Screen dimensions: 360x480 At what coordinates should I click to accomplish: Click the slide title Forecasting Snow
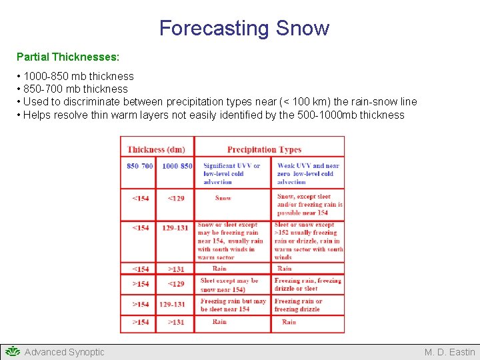[244, 28]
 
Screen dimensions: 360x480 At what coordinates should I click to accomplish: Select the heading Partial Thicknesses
[67, 57]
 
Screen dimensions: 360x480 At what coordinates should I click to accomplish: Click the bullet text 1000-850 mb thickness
[78, 76]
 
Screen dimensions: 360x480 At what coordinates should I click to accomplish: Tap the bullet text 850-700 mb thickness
[75, 89]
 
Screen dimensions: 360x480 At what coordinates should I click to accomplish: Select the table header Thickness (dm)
[156, 149]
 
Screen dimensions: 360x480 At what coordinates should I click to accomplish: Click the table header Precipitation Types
[264, 149]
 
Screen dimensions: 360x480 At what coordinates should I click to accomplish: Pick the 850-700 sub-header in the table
[139, 165]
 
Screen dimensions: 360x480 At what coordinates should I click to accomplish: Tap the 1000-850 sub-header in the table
[177, 165]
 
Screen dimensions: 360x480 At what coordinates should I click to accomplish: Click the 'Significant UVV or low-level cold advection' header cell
[231, 173]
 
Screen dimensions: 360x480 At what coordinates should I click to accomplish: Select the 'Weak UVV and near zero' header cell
[308, 173]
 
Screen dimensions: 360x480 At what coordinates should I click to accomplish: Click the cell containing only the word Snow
[223, 198]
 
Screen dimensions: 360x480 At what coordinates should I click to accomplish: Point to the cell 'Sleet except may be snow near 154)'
[231, 285]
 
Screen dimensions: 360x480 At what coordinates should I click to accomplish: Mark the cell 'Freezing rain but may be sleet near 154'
[233, 305]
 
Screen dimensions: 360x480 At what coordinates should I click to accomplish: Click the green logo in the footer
[11, 351]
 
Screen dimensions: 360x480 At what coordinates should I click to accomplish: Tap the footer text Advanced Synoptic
[64, 352]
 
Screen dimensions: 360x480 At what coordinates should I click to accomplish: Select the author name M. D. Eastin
[449, 352]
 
